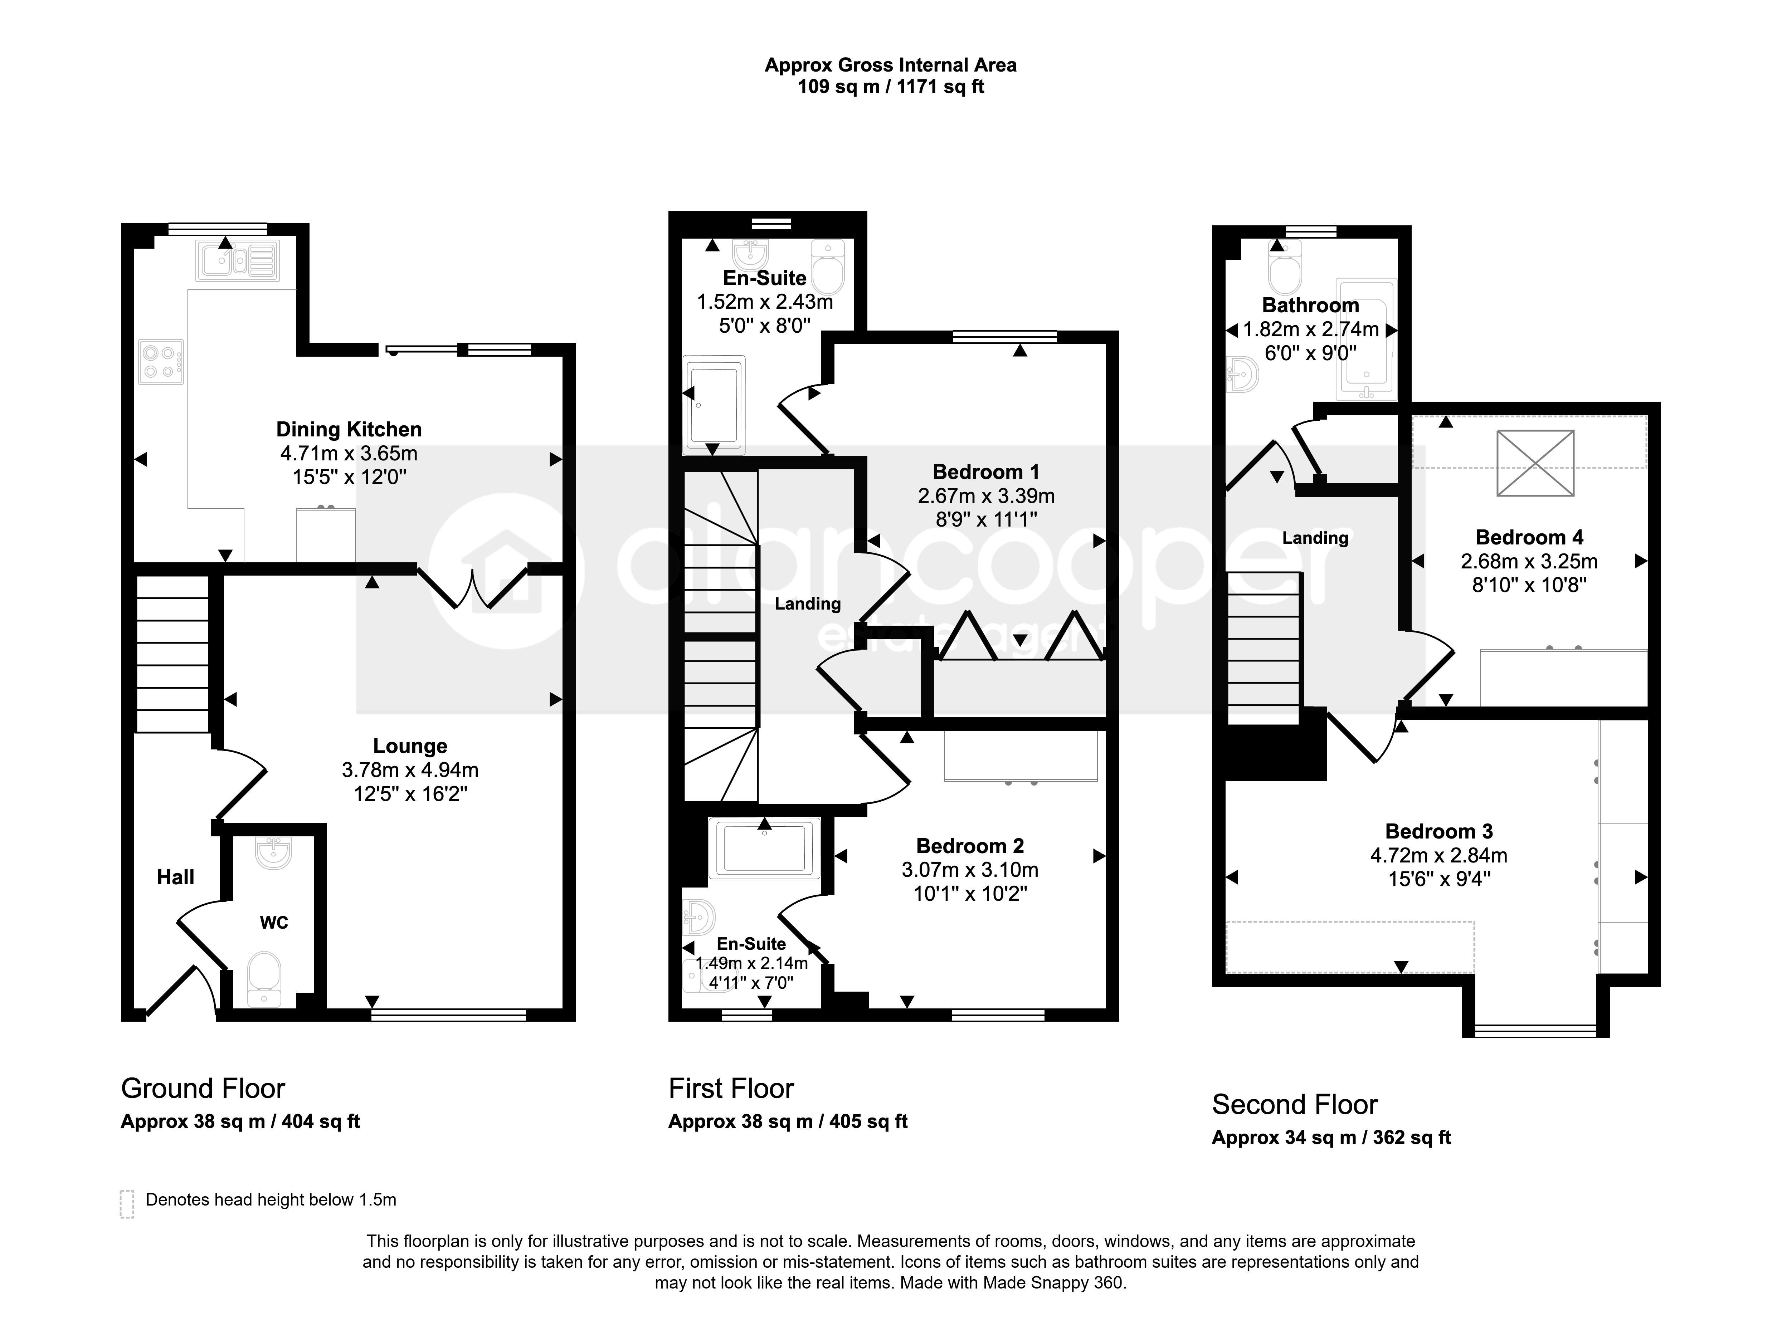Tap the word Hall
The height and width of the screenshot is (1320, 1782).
click(176, 877)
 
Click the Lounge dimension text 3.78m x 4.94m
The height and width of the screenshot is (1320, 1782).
click(410, 770)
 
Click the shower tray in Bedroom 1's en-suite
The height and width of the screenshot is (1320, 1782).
click(714, 400)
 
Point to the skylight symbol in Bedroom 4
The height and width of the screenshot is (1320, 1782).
click(1535, 464)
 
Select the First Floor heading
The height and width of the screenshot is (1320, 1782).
click(731, 1088)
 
